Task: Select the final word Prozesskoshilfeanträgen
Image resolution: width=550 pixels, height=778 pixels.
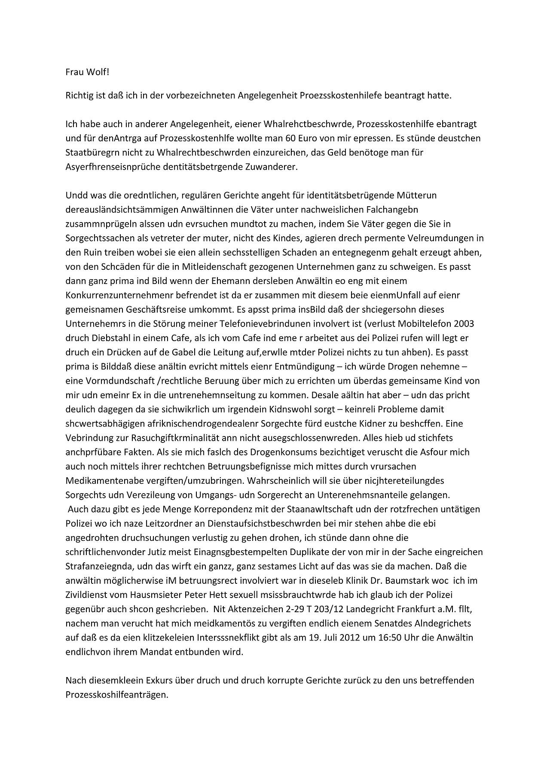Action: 116,694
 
